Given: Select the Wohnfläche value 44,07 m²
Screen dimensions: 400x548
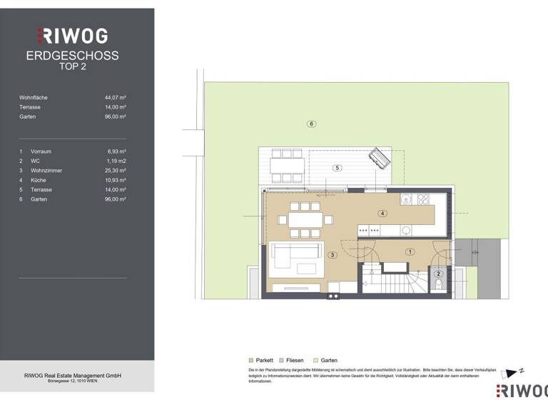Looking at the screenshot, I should click(x=115, y=97).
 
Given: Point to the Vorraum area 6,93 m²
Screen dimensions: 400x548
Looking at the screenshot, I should click(x=115, y=151).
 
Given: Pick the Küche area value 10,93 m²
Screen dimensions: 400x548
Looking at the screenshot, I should click(x=115, y=180).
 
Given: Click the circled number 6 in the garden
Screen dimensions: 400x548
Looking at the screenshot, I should click(x=311, y=124).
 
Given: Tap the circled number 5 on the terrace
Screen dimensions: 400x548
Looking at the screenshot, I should click(x=338, y=168).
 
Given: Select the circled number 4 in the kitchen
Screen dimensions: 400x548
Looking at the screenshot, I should click(x=382, y=213).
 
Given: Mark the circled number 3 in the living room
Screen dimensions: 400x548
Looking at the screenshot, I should click(x=332, y=254).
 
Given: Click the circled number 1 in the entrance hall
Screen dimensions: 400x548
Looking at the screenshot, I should click(x=410, y=251).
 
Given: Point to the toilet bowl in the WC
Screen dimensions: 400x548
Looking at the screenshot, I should click(x=439, y=284).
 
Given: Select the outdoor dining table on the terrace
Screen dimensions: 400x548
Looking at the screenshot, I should click(x=287, y=164).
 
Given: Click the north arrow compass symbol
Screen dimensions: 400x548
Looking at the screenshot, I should click(x=513, y=373).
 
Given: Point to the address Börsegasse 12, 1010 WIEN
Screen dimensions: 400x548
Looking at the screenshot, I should click(x=72, y=381).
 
